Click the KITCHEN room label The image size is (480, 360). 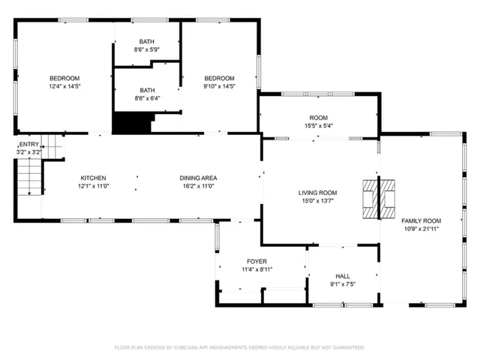(x=93, y=178)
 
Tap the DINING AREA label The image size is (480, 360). (x=198, y=178)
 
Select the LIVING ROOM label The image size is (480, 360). (x=319, y=193)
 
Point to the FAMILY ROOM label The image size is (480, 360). (x=421, y=220)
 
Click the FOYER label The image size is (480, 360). (x=256, y=261)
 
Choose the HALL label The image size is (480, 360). (x=342, y=276)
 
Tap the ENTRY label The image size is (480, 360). (x=29, y=144)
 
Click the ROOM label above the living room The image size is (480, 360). (x=319, y=118)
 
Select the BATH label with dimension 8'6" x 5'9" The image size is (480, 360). (x=147, y=41)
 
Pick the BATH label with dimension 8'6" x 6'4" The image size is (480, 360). (x=147, y=90)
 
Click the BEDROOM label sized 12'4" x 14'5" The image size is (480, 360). (x=64, y=78)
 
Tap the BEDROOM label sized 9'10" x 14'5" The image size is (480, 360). (x=220, y=78)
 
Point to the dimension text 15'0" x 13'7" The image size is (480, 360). (x=319, y=201)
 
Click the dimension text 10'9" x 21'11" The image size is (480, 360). (x=421, y=229)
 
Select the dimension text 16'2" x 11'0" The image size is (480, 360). (x=198, y=186)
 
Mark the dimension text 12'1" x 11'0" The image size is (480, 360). (x=93, y=186)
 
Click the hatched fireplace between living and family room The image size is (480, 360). (x=379, y=199)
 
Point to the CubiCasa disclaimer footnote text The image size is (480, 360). (x=239, y=347)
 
